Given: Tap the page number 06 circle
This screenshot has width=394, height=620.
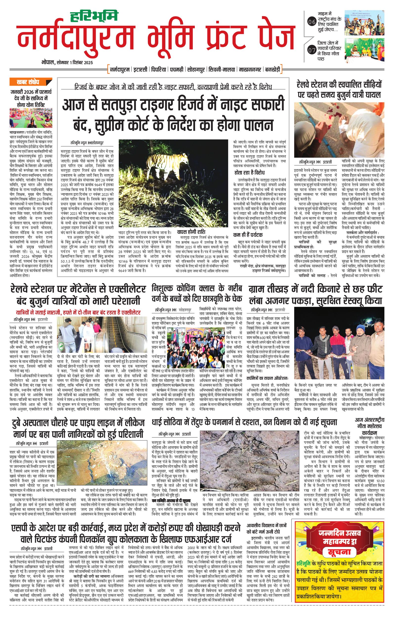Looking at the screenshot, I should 312,22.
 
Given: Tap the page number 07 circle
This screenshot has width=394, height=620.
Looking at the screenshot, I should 312,50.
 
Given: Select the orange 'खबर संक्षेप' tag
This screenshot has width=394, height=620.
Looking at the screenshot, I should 28,82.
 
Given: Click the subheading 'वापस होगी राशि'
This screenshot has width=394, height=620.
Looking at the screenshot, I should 191,231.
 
